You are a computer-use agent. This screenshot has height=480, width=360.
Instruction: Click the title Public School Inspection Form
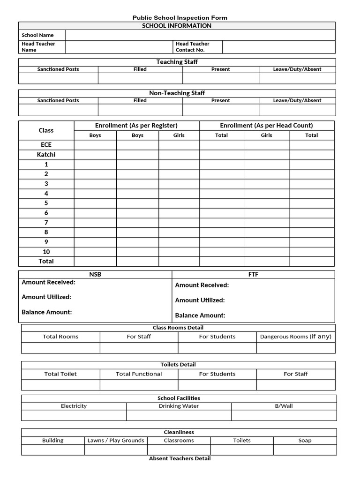[180, 18]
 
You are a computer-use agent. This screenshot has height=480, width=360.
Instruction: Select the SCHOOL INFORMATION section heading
[177, 26]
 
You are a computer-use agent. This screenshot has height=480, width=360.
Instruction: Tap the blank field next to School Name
[200, 35]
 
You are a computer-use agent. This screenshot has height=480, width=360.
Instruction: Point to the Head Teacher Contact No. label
[193, 47]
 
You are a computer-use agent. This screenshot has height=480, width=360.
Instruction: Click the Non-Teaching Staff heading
[177, 93]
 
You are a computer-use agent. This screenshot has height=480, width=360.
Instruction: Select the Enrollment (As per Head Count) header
[266, 126]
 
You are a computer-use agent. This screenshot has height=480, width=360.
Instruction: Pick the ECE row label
[46, 145]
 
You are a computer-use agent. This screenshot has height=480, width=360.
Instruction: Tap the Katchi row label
[46, 155]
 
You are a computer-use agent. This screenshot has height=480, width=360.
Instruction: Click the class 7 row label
[46, 223]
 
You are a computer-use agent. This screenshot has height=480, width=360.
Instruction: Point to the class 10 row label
[46, 252]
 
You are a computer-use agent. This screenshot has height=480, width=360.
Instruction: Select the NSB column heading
[95, 275]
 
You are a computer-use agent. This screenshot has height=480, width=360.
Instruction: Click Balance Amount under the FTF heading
[200, 315]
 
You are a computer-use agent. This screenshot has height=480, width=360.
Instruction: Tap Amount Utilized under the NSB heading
[46, 297]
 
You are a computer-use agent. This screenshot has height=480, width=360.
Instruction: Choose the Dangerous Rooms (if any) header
[296, 337]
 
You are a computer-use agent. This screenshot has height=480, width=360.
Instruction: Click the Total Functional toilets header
[139, 374]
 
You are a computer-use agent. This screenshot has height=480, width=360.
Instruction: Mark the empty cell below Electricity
[74, 415]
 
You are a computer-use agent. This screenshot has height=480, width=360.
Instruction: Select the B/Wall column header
[284, 406]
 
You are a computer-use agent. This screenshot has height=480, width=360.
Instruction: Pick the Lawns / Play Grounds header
[116, 441]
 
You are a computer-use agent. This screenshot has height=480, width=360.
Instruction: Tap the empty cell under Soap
[305, 450]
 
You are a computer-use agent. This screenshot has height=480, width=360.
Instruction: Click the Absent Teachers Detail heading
[180, 458]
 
